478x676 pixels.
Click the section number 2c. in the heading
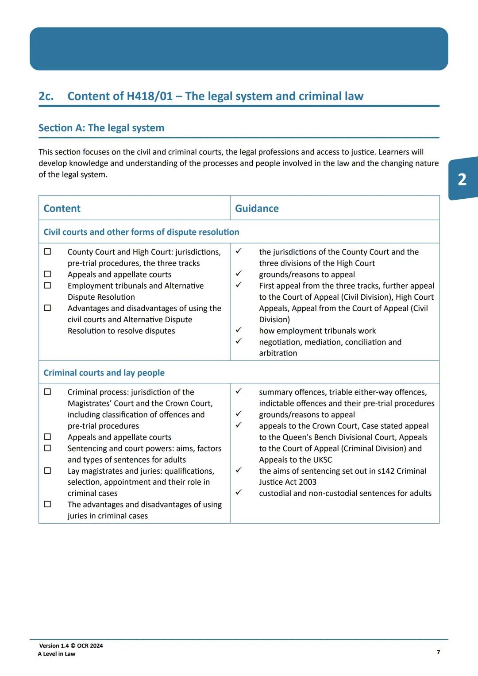[46, 96]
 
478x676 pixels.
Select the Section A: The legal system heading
[101, 128]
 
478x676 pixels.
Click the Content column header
[62, 209]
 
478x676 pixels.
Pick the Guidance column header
[257, 209]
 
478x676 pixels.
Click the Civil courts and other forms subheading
[141, 232]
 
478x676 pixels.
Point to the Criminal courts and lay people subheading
[104, 373]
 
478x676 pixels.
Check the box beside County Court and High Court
[47, 251]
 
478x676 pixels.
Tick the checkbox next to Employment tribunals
[47, 286]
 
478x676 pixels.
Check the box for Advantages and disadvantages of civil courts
[47, 308]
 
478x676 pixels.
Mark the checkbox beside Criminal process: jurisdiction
[47, 392]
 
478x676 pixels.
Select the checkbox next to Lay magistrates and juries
[47, 471]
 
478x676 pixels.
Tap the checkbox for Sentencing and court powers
[47, 448]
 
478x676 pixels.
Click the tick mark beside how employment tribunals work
[238, 330]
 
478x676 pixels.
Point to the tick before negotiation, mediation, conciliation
[238, 341]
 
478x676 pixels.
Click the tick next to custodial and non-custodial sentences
[238, 492]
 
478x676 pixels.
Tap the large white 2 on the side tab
[462, 179]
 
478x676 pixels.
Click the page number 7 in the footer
[438, 652]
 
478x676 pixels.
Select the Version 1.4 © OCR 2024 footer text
[71, 646]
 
